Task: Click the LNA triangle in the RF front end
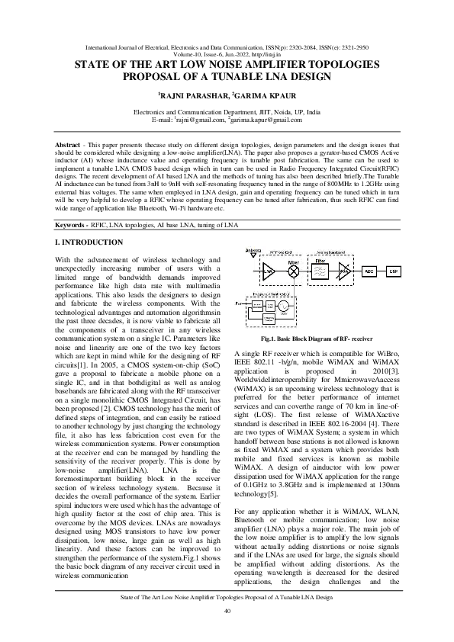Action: [269, 271]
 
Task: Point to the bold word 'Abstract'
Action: [69, 144]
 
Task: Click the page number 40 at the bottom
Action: [227, 611]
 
